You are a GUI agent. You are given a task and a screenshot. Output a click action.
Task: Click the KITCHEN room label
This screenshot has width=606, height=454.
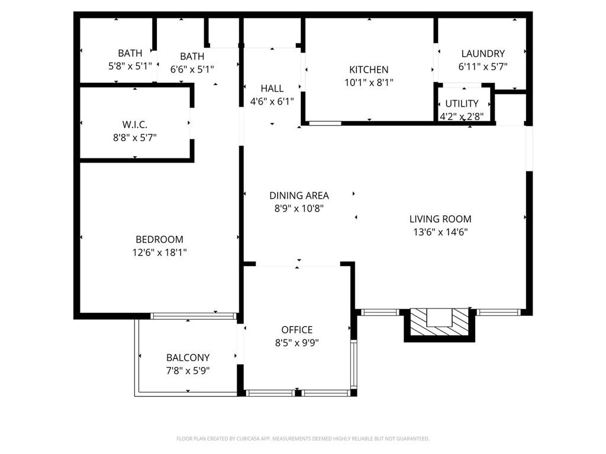369,70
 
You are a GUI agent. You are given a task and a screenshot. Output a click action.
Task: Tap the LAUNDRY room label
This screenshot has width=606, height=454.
482,54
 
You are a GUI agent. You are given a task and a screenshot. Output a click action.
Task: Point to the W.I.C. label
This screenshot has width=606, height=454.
135,124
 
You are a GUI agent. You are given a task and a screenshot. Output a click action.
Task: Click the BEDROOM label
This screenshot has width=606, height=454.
159,239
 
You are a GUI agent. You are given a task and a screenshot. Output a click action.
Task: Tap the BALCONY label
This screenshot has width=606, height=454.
188,358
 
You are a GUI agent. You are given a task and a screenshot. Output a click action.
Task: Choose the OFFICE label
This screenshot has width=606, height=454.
296,330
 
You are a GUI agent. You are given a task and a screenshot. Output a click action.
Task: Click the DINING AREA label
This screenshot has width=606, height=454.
299,196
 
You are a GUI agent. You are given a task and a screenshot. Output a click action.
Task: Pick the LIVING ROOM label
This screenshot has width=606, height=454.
440,219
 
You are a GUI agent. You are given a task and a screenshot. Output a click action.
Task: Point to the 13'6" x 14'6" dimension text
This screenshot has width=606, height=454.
440,232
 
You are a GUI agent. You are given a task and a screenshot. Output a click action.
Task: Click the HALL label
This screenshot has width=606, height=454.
272,89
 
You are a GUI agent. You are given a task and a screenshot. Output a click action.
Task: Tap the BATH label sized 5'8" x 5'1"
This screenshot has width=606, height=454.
130,54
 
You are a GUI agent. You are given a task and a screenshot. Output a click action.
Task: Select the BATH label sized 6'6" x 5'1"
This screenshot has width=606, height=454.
192,56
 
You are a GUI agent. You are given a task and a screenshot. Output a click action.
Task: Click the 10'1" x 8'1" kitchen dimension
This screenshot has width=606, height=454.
369,83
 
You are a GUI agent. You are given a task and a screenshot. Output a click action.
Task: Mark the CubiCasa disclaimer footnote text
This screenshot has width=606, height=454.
302,439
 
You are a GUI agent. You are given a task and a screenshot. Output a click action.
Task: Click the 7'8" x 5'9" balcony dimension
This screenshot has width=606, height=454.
188,371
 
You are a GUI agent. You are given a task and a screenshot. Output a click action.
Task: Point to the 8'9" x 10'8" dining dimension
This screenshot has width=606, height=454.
299,209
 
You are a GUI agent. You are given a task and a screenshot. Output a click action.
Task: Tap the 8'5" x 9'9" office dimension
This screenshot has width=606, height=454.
296,343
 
